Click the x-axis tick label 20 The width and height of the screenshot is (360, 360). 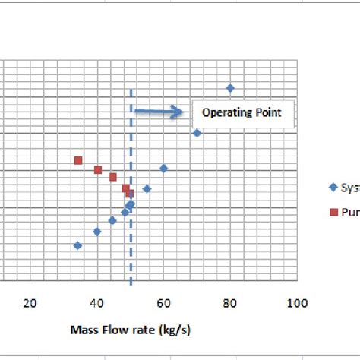(x=30, y=303)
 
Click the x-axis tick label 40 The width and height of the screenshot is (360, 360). (x=96, y=303)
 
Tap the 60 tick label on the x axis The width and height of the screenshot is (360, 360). (x=163, y=303)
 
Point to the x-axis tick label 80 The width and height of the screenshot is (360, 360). (x=230, y=303)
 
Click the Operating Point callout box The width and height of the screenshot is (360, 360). (x=241, y=113)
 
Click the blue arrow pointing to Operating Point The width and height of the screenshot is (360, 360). (x=159, y=112)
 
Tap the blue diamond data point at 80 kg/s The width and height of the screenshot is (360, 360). (x=230, y=88)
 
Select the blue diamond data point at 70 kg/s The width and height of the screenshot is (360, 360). (x=197, y=133)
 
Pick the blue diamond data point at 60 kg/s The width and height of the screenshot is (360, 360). (x=163, y=168)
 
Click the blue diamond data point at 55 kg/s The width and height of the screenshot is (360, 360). (x=147, y=188)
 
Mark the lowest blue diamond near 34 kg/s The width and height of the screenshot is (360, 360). (x=77, y=245)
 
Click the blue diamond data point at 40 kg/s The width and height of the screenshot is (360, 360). (x=96, y=232)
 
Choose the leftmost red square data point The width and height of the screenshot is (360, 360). (x=77, y=160)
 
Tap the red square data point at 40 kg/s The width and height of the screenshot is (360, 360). (x=97, y=169)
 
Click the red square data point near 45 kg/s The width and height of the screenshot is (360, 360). (x=113, y=177)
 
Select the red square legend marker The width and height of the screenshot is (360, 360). (x=333, y=212)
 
